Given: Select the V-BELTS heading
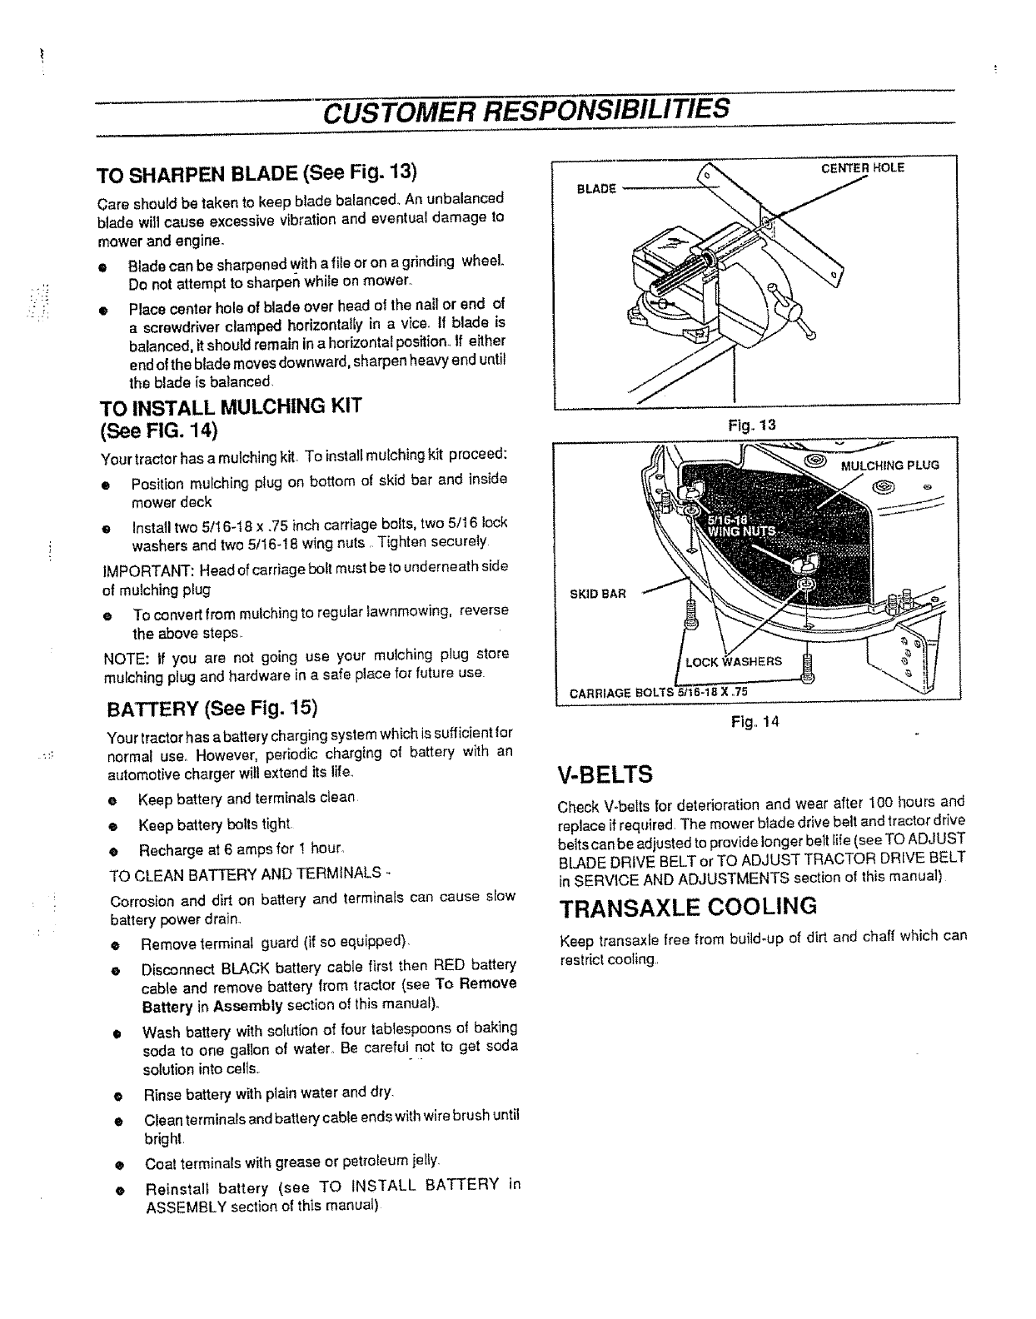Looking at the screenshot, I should (x=605, y=775).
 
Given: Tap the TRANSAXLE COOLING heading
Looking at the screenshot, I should (x=687, y=907).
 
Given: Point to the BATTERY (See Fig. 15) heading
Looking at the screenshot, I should (x=212, y=709).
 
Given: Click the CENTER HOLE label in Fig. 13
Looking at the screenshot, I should (x=863, y=167).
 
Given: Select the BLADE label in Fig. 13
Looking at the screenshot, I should (x=596, y=189).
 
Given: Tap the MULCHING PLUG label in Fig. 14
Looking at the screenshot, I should (x=889, y=465).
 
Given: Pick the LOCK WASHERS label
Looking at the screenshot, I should (x=733, y=661).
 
